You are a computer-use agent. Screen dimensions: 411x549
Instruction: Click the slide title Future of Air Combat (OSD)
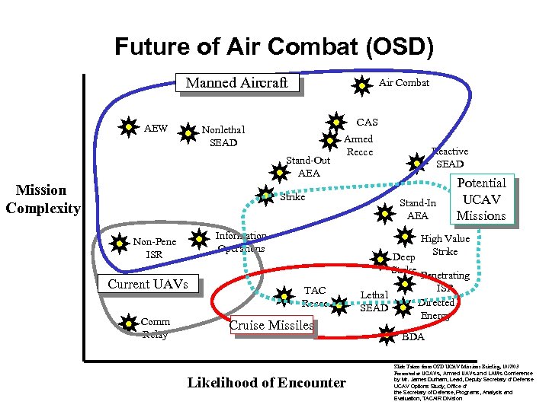click(x=274, y=47)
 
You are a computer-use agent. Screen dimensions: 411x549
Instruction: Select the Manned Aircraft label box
click(x=236, y=82)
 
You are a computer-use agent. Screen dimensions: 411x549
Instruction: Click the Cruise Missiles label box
click(x=271, y=325)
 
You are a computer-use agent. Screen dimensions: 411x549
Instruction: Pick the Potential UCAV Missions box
click(x=481, y=199)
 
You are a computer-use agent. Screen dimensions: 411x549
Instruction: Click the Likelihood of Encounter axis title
click(x=266, y=382)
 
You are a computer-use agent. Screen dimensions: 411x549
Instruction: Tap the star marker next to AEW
click(x=128, y=127)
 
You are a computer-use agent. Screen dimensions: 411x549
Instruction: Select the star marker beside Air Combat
click(x=361, y=86)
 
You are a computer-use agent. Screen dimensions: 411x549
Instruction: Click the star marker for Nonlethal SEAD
click(x=187, y=134)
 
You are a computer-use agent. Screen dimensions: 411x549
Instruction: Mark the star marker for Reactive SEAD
click(x=416, y=162)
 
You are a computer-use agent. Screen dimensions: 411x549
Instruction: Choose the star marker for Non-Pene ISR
click(x=119, y=244)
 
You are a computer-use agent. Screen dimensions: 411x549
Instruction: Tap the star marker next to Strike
click(x=265, y=196)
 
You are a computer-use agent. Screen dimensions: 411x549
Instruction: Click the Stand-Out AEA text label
click(x=308, y=167)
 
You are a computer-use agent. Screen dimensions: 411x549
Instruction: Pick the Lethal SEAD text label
click(x=374, y=301)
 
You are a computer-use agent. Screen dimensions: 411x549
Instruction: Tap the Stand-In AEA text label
click(x=418, y=209)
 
